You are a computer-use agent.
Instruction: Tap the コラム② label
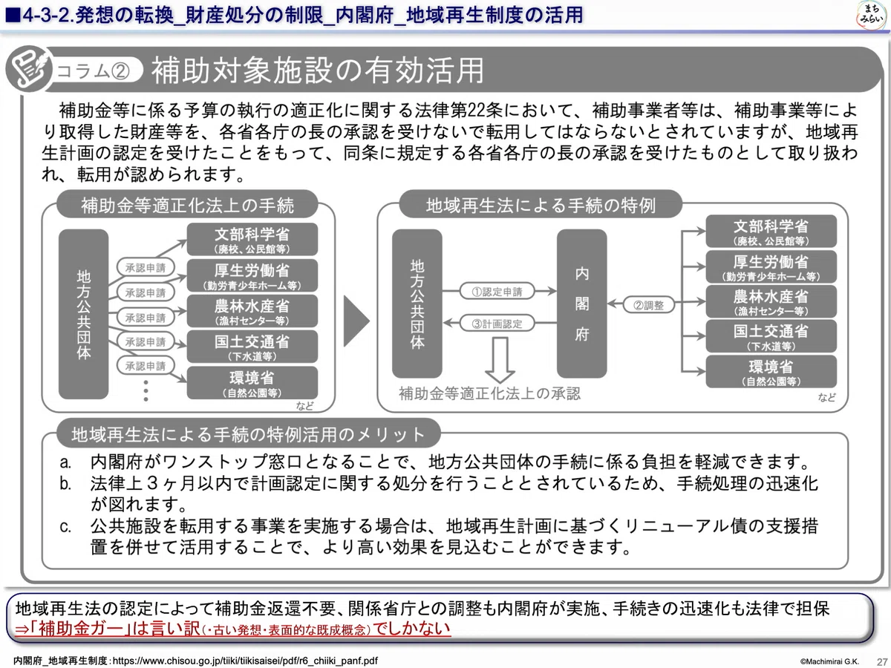[x=93, y=71]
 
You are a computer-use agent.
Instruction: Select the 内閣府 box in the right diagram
[x=581, y=304]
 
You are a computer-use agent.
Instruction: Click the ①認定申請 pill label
[x=497, y=291]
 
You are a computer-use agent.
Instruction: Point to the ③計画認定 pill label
[x=497, y=324]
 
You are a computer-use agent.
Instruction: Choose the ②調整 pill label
[x=649, y=305]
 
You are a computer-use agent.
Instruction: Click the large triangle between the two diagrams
[x=356, y=321]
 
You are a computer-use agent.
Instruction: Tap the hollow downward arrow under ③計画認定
[x=500, y=360]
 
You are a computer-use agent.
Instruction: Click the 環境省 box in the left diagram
[x=252, y=383]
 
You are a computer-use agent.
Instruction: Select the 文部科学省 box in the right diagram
[x=771, y=231]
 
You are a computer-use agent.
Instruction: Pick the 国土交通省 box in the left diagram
[x=252, y=347]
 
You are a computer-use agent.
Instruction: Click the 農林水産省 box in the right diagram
[x=771, y=301]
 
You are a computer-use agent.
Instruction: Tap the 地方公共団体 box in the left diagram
[x=84, y=314]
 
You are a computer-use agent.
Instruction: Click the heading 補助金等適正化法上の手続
[x=187, y=205]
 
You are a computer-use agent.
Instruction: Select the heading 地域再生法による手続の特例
[x=541, y=205]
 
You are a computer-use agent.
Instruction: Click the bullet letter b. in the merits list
[x=66, y=483]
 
